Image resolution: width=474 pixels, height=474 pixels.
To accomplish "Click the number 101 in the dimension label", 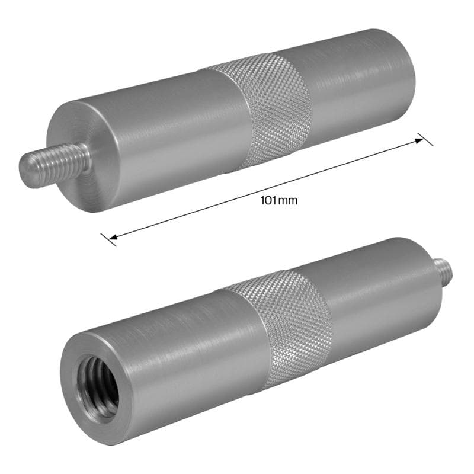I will (x=268, y=200).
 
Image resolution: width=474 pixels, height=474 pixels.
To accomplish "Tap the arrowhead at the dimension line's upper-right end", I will (x=419, y=140).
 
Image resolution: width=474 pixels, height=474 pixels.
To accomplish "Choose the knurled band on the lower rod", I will (x=284, y=326).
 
